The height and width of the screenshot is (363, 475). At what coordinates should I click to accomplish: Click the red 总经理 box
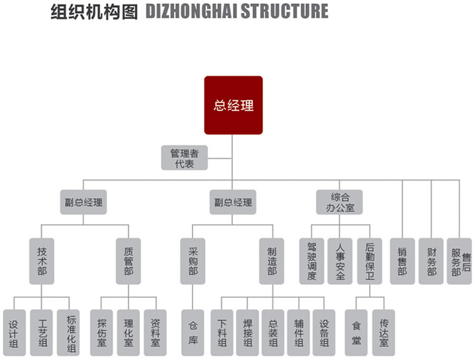233,105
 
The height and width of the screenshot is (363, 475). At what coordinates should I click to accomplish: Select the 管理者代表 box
184,158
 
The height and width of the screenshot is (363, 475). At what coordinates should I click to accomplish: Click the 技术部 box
42,260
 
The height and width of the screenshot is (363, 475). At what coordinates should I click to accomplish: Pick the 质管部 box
129,260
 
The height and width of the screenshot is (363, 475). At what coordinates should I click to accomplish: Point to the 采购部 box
193,260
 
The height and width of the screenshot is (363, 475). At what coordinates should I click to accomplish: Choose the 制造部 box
272,260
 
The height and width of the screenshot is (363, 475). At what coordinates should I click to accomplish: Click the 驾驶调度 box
311,260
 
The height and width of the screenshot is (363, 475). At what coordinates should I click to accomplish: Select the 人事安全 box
340,260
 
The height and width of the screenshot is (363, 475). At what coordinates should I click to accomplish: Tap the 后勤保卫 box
370,260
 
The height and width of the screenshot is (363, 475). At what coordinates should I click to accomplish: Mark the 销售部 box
402,260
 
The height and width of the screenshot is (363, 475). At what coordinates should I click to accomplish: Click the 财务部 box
431,260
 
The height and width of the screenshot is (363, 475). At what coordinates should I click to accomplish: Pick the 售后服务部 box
460,260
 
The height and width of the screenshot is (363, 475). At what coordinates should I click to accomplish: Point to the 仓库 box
193,332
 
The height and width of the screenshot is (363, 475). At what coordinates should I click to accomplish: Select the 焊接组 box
248,332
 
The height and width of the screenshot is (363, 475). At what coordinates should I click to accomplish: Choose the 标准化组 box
70,332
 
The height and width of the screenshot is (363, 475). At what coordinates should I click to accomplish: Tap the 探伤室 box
102,332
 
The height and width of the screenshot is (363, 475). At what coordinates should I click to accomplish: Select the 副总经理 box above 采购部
233,202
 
